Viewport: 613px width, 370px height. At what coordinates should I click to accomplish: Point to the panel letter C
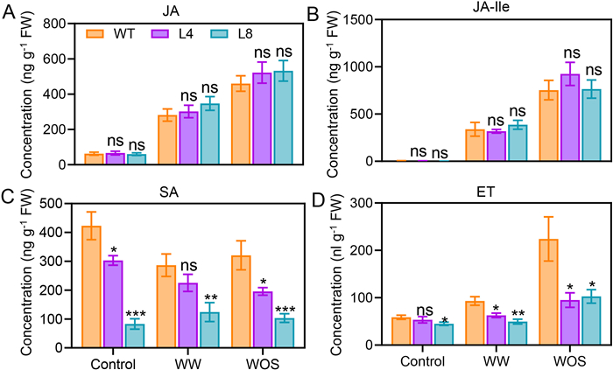coord(9,195)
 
